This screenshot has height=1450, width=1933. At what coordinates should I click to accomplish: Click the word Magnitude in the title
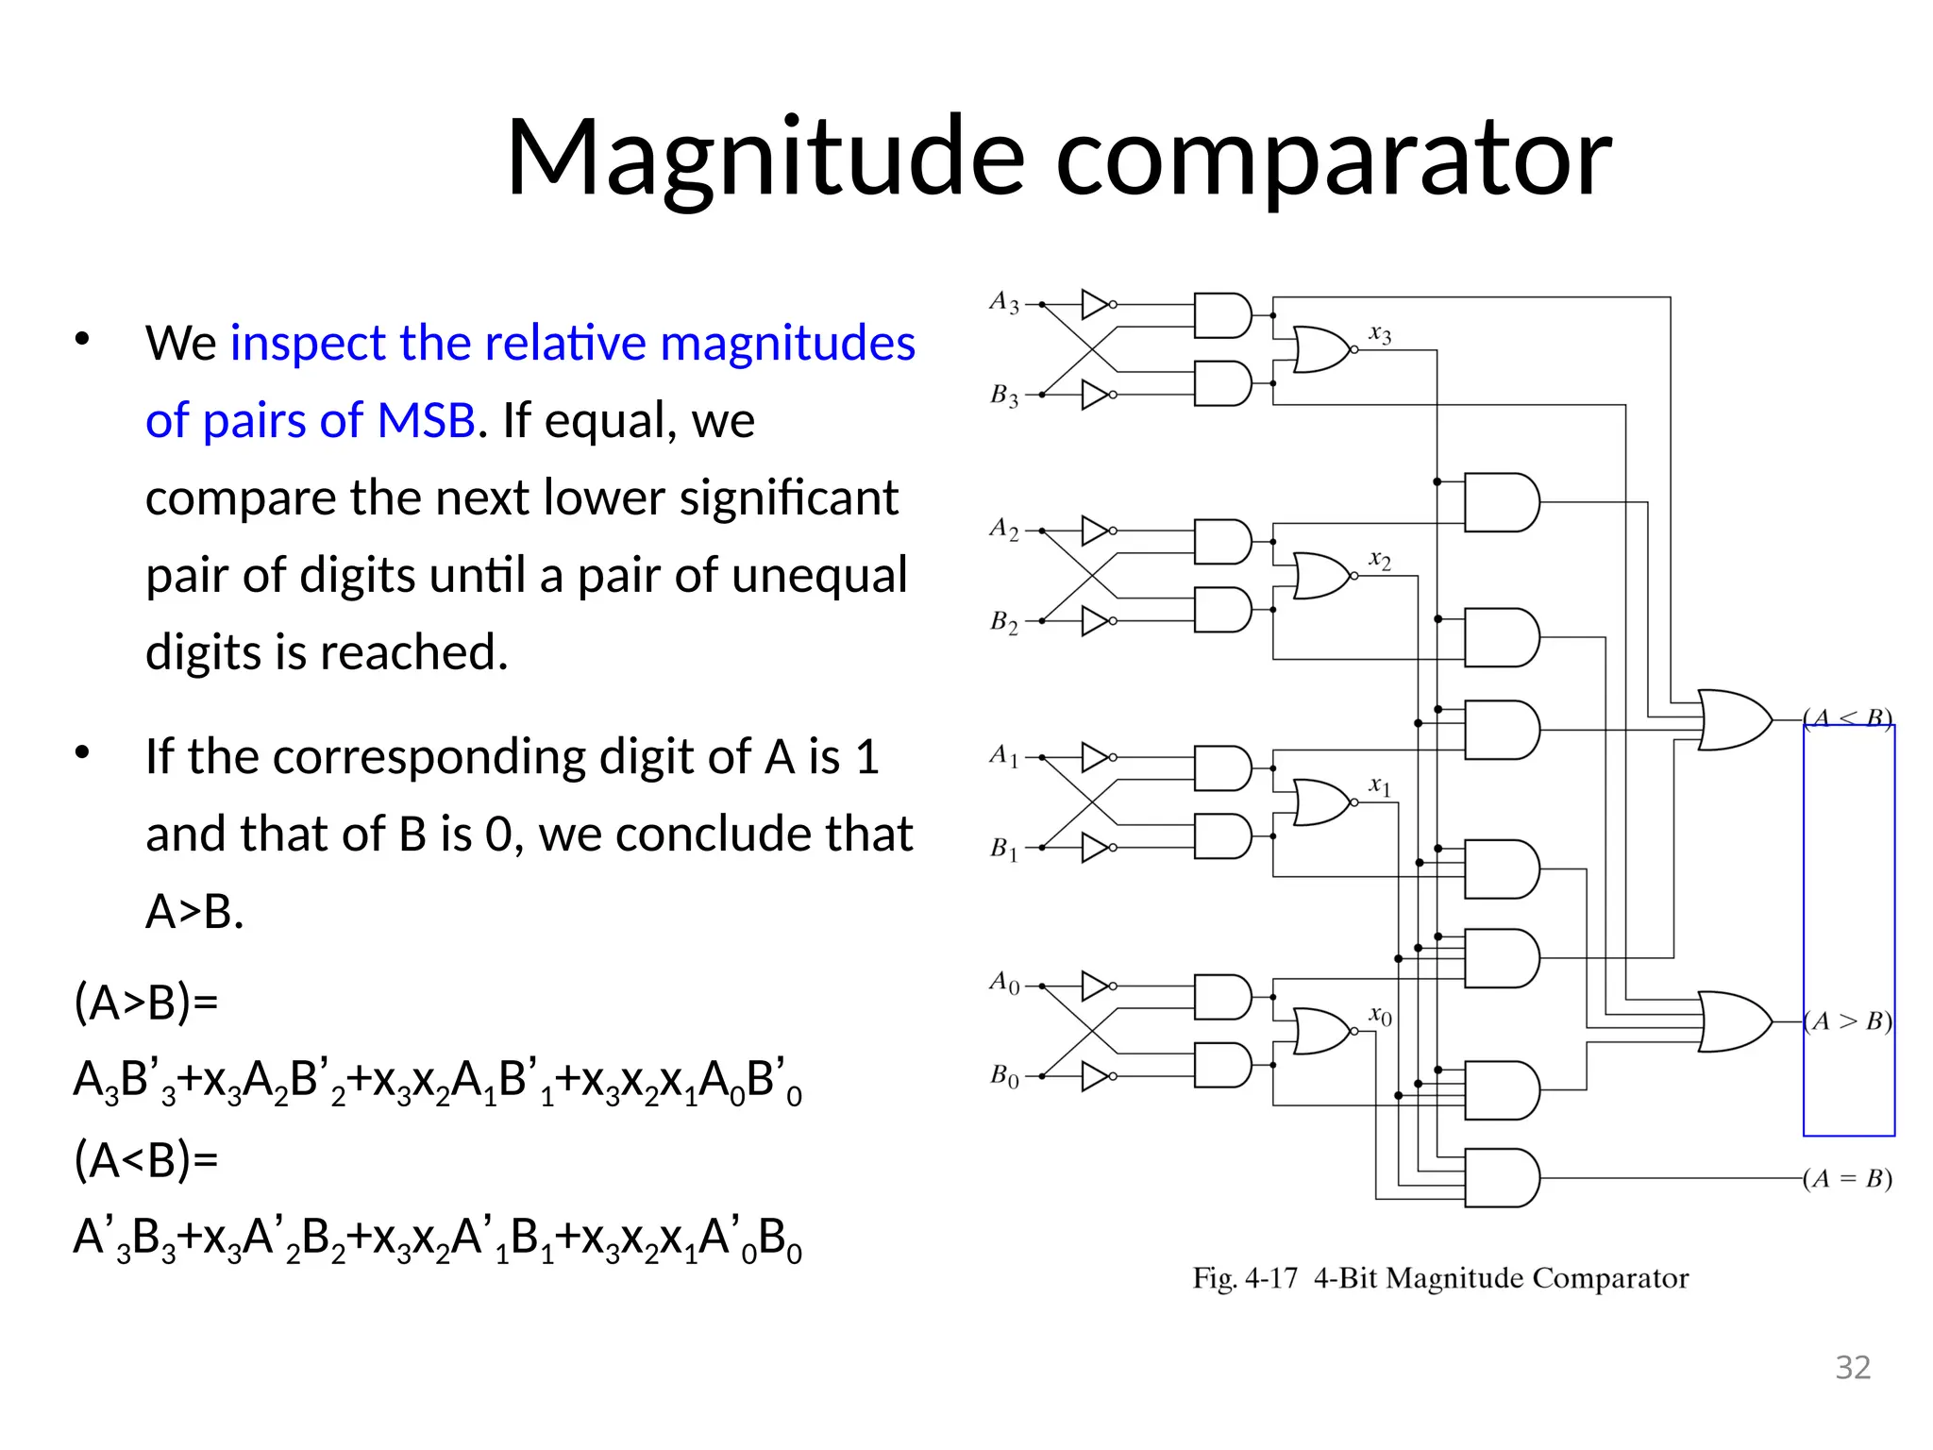point(765,158)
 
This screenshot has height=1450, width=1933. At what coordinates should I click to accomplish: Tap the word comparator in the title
point(1333,158)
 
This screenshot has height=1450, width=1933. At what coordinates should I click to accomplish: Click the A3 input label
point(1003,303)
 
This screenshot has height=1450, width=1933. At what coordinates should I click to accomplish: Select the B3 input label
point(1003,396)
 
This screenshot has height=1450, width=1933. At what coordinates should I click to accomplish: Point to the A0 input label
point(1003,983)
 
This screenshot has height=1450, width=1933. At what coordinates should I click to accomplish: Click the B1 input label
point(1003,849)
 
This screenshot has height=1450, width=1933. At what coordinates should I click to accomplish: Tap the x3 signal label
point(1380,334)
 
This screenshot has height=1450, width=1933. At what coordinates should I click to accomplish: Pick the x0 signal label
point(1380,1016)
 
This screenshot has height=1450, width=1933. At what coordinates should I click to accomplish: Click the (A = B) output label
point(1847,1178)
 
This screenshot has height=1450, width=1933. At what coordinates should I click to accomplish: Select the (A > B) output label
point(1847,1021)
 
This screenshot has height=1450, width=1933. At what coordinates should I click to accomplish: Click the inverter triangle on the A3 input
point(1095,304)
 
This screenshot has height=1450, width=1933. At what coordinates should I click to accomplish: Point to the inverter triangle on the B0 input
point(1095,1076)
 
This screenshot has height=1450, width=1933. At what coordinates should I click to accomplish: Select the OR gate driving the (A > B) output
point(1733,1021)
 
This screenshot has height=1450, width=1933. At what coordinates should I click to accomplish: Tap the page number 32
point(1853,1367)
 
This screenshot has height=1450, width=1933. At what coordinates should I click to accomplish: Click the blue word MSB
point(426,420)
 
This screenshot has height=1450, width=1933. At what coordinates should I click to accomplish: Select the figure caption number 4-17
point(1270,1278)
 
